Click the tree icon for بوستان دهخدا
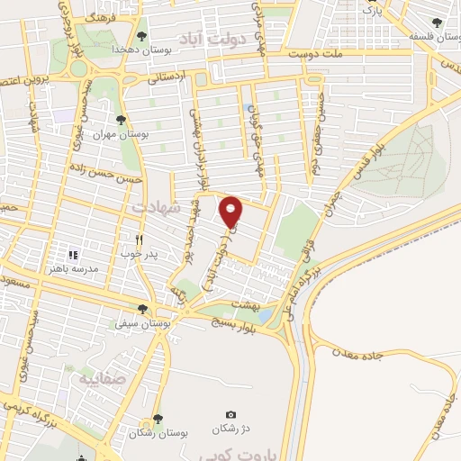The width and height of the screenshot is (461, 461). pos(142,36)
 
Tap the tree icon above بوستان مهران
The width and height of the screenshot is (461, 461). pos(121,119)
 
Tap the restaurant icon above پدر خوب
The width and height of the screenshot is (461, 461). pos(139,240)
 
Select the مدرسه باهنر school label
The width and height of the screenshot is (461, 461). pos(74,267)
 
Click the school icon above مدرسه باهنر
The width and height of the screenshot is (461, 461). pos(74,255)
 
